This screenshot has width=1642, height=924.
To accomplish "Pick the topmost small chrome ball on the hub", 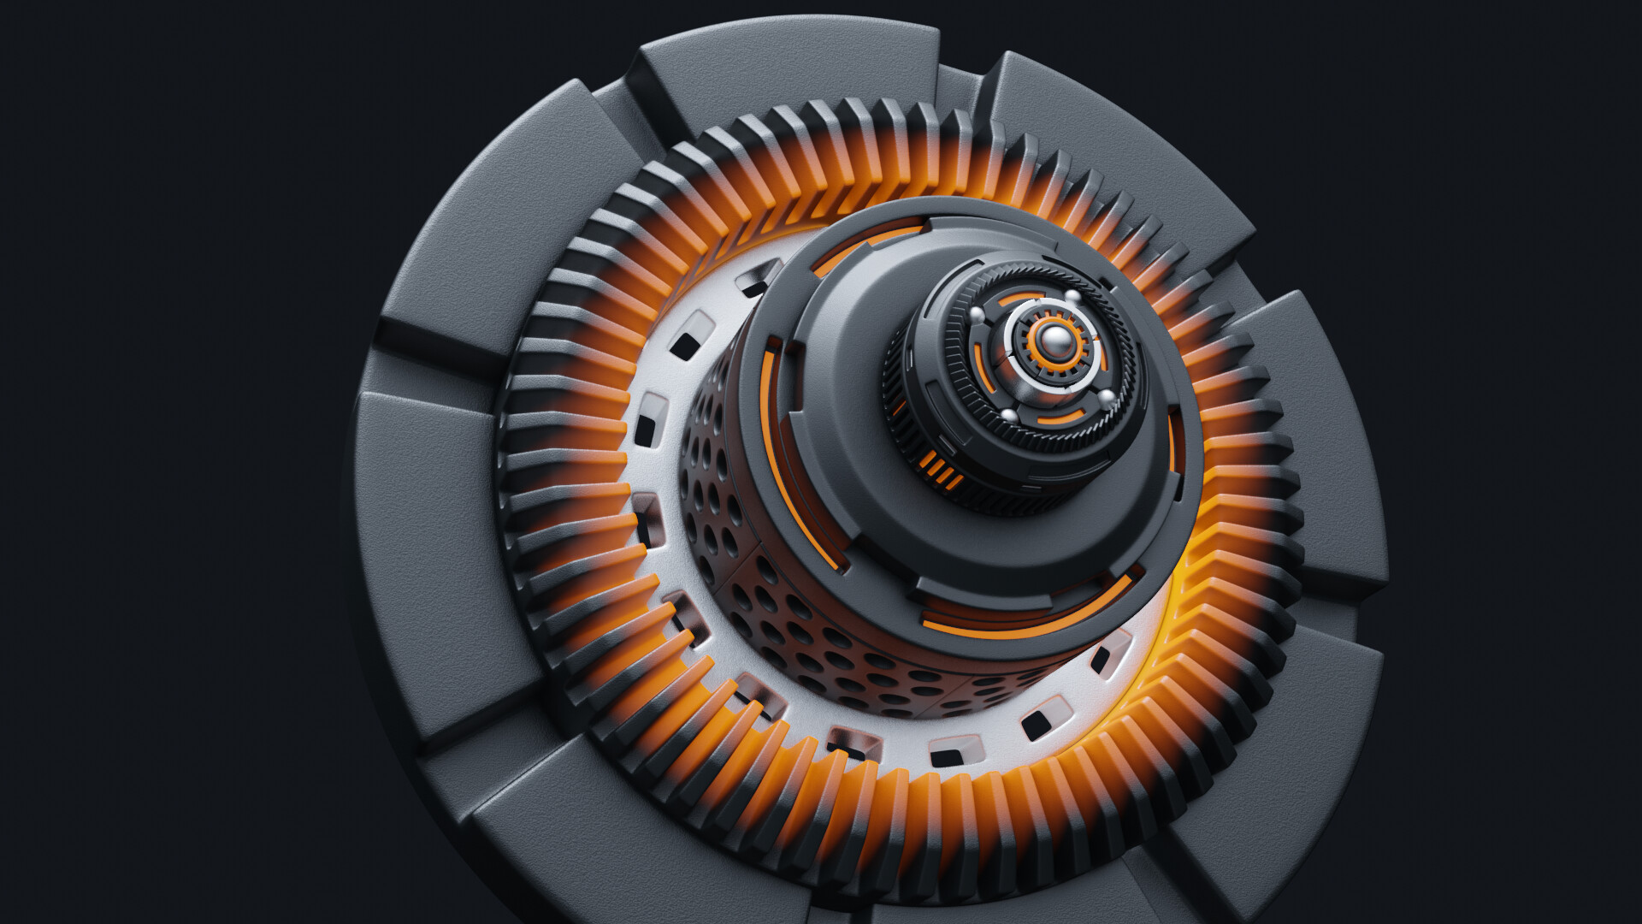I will [x=1071, y=296].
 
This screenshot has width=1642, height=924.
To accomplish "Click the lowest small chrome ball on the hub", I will [x=1009, y=416].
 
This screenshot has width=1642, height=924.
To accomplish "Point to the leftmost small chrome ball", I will [x=978, y=315].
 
